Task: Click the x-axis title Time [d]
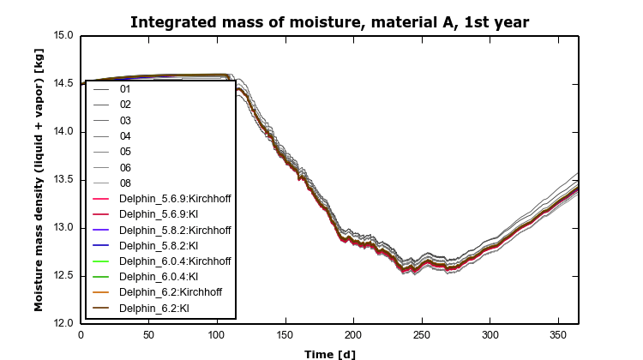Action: point(329,353)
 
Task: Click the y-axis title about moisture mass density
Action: point(39,179)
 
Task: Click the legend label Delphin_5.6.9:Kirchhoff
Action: point(175,199)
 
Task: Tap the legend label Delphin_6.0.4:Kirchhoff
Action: point(175,261)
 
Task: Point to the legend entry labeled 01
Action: point(125,89)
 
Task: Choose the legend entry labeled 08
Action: point(125,183)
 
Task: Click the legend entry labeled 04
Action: point(125,136)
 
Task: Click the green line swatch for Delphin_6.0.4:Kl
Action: point(102,277)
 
